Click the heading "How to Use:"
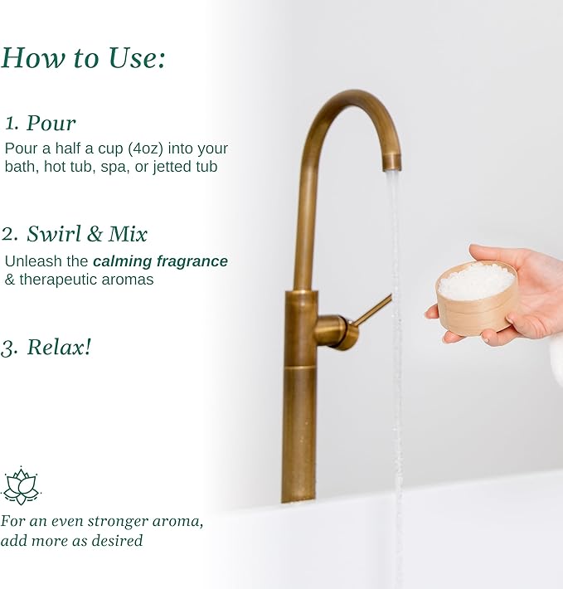83,58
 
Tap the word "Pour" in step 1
51,124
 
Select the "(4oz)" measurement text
146,148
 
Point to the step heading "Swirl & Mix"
87,234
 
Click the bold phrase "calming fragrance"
160,261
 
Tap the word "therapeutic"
61,280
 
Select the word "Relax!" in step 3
59,347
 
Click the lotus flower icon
21,485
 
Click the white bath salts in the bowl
476,281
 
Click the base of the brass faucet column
298,492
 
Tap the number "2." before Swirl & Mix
10,234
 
